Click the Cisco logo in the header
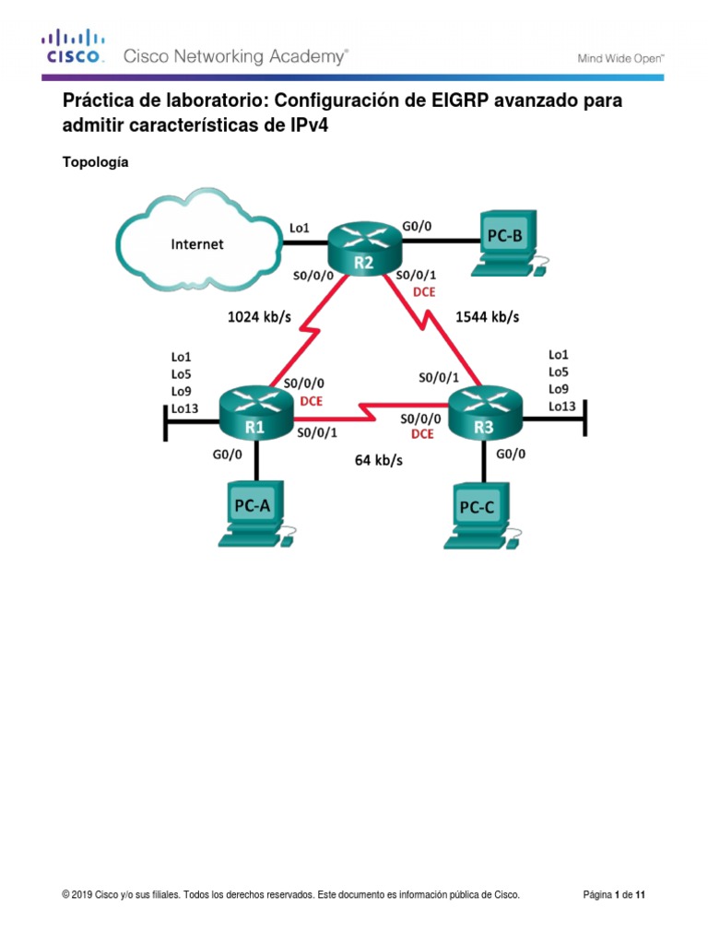click(x=73, y=47)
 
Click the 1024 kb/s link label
click(x=259, y=317)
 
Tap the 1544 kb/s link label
click(x=488, y=317)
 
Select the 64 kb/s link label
click(x=379, y=460)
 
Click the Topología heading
click(x=95, y=162)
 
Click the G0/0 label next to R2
click(x=418, y=223)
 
